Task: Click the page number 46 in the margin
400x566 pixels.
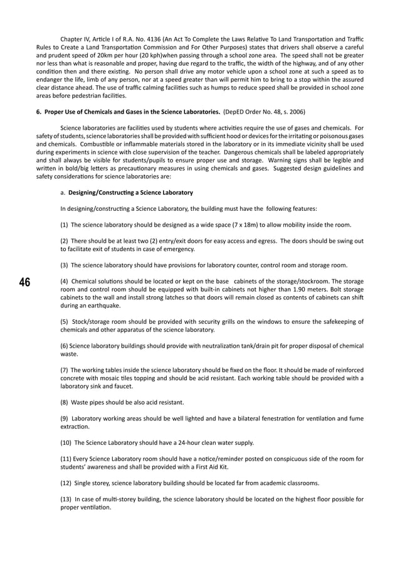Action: (x=25, y=282)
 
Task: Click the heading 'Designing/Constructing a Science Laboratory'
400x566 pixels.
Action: (x=130, y=192)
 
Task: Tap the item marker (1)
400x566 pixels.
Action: (x=64, y=225)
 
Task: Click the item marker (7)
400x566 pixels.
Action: (x=64, y=370)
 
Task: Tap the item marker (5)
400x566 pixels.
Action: (x=64, y=322)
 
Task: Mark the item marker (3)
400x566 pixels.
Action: (x=64, y=265)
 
